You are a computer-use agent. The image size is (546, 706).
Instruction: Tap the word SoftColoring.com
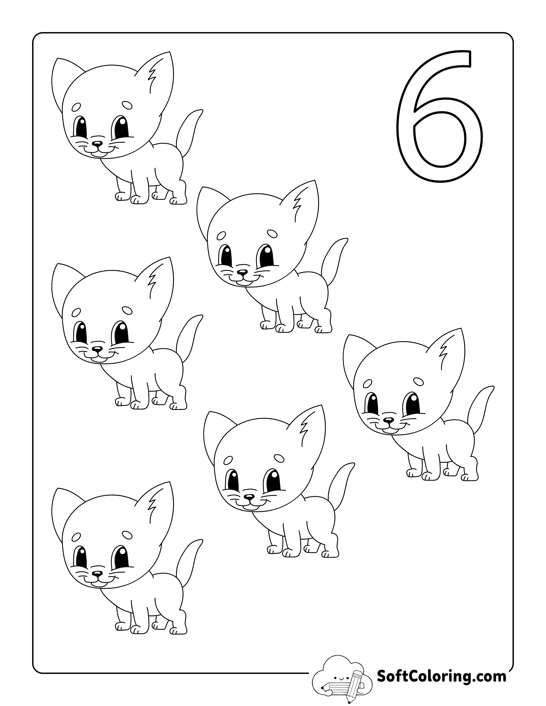click(x=441, y=676)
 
